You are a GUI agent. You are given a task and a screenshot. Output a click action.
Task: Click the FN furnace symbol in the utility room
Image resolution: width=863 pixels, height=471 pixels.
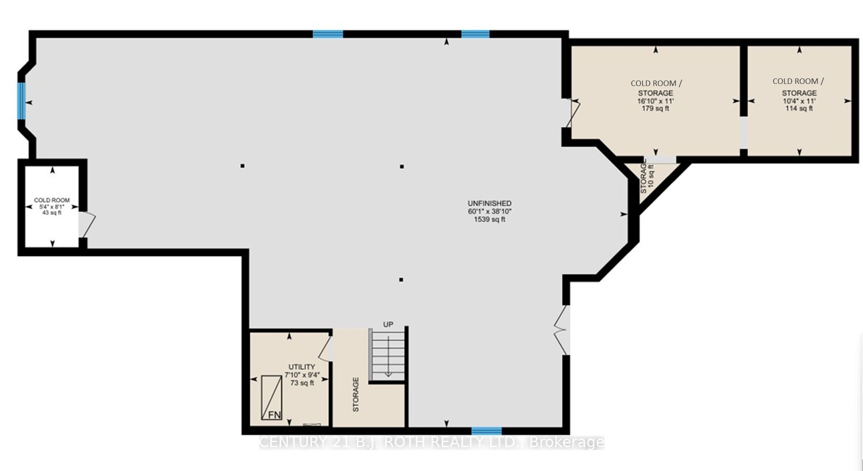272,398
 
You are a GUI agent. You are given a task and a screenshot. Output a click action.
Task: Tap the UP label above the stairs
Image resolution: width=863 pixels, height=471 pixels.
388,324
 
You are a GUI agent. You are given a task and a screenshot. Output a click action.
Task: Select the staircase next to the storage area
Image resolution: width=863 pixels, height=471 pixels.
387,354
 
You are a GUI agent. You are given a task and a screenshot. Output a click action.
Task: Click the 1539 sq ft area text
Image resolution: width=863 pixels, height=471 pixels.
489,219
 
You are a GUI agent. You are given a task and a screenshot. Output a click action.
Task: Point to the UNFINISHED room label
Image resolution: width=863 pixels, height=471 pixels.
489,203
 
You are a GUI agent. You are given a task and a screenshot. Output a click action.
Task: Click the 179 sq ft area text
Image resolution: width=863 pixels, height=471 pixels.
656,109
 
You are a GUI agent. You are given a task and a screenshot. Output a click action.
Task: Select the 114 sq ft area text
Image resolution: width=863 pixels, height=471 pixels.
799,108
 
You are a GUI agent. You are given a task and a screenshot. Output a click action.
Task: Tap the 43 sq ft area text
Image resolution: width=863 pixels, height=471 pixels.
52,213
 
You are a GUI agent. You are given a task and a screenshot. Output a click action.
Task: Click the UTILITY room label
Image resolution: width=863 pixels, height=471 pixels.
301,367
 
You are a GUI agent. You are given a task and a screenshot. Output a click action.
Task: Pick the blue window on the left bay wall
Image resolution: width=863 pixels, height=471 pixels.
21,101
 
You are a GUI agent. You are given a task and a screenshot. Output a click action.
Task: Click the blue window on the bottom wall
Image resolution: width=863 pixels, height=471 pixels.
486,431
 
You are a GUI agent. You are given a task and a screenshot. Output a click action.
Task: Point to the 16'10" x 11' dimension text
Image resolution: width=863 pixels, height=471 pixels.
656,101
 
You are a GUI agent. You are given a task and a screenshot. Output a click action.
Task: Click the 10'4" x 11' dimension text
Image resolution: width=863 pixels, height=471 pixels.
799,101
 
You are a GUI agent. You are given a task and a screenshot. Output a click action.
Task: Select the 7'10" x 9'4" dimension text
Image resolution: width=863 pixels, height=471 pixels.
301,375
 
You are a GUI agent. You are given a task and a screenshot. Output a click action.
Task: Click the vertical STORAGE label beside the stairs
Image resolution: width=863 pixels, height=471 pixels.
356,395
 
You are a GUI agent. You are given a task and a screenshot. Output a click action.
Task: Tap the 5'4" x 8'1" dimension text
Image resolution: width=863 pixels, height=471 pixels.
52,207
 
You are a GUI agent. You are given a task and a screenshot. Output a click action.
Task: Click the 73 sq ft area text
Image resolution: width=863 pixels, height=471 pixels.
302,383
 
